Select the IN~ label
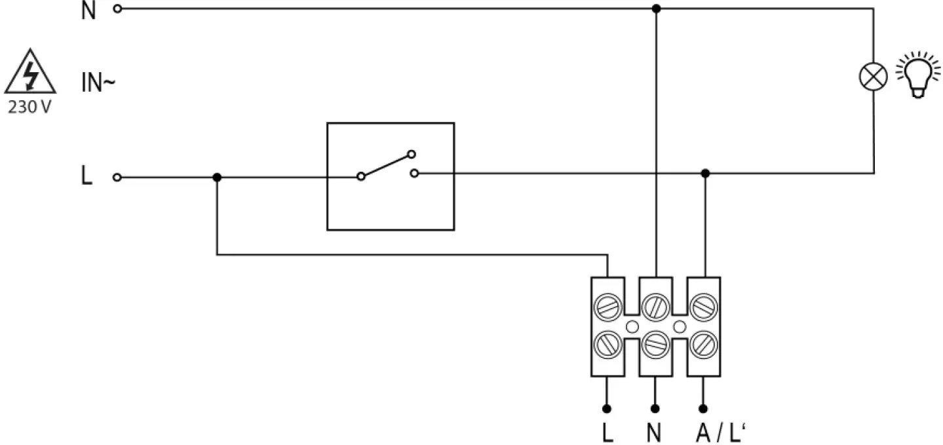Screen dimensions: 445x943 98,84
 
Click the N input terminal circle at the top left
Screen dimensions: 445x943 117,9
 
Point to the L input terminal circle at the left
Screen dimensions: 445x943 117,177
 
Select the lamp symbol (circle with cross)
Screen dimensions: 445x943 873,77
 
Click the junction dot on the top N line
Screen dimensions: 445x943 656,9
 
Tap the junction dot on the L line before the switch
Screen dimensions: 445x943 217,177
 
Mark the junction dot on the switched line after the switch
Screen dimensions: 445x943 705,173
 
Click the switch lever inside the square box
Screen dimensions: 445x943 385,166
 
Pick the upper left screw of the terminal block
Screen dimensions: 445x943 607,307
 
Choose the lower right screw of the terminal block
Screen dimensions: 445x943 703,343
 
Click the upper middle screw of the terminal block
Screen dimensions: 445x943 655,307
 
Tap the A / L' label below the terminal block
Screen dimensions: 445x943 720,433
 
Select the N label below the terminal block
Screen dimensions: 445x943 654,433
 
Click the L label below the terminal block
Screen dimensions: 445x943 607,433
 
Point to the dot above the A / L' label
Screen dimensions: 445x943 703,408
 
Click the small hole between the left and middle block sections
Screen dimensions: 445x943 632,326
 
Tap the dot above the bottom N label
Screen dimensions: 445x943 655,408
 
